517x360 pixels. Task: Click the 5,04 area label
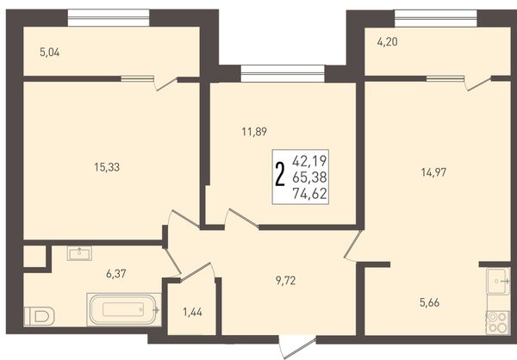point(49,53)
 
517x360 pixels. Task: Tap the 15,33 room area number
point(107,167)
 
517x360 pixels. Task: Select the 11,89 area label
point(254,132)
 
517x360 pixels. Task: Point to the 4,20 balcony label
point(387,42)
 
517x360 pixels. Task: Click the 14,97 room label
point(433,172)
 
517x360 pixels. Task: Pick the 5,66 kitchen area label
point(429,302)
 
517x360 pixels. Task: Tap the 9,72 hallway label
point(285,281)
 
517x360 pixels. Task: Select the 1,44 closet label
point(192,312)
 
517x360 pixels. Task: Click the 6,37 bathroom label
point(116,273)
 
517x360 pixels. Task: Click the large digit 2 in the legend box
point(279,176)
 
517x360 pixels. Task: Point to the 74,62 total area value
point(309,194)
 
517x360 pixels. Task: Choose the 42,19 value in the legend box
point(309,161)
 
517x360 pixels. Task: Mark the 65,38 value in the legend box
point(309,177)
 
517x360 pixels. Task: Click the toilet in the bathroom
point(40,316)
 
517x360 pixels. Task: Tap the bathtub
point(123,309)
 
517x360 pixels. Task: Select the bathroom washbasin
point(79,253)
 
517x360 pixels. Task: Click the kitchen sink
point(498,281)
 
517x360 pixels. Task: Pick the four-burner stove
point(498,322)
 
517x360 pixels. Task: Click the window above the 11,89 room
point(283,73)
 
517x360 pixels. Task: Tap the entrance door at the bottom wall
point(298,347)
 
